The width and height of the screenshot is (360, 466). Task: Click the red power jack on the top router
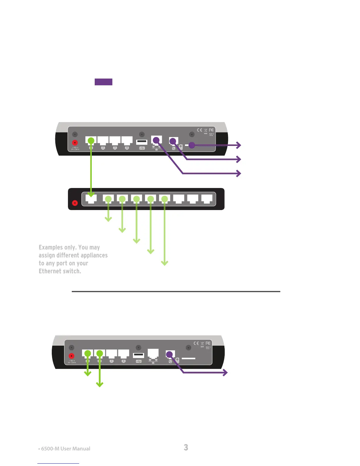pos(75,143)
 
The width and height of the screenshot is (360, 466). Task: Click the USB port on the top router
pos(142,142)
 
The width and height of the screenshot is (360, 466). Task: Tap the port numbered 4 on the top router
pos(127,141)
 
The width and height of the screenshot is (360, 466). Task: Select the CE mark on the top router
pos(199,130)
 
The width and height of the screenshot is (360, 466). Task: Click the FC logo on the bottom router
pos(208,343)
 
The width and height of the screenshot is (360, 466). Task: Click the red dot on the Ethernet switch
pos(75,203)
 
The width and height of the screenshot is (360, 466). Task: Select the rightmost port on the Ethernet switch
pos(207,199)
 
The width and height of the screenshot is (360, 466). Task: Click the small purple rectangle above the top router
pos(103,82)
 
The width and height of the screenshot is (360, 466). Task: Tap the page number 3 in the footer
pos(186,447)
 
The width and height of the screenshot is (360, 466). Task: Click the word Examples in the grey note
pos(51,247)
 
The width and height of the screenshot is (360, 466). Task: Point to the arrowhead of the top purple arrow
pos(239,145)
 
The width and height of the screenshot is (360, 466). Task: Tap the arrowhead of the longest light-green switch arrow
pos(165,263)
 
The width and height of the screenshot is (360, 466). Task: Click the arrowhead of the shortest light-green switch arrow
pos(108,219)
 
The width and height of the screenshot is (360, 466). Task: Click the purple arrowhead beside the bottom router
pos(225,372)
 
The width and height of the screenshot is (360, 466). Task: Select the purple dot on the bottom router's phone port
pos(169,354)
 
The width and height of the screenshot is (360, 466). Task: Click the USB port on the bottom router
pos(139,355)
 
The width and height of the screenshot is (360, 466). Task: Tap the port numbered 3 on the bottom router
pos(111,354)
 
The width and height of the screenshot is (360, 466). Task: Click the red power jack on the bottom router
pos(71,356)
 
